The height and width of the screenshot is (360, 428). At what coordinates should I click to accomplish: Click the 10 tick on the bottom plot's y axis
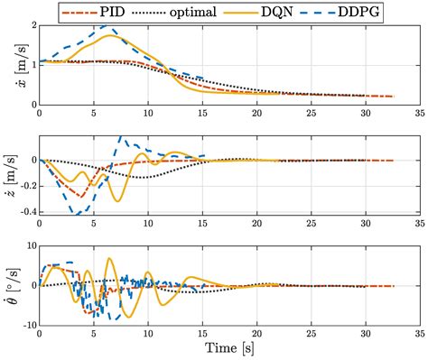[29, 246]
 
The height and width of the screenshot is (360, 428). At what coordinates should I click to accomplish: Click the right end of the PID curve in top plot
[394, 96]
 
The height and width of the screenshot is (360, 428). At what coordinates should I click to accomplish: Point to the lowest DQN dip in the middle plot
[116, 201]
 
